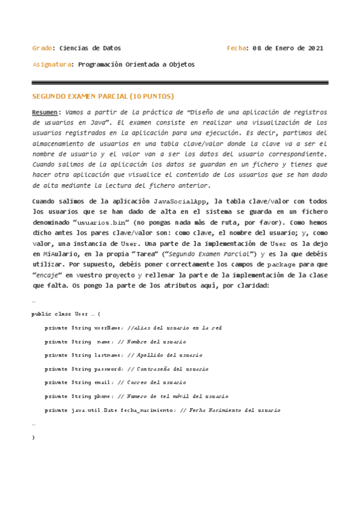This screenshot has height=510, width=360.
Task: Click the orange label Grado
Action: point(41,48)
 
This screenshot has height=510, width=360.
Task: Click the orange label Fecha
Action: point(237,48)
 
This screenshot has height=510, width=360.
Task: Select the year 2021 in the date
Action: point(315,48)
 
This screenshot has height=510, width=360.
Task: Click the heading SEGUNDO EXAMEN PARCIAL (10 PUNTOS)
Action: point(102,96)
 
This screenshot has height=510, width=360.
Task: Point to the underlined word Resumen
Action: point(46,112)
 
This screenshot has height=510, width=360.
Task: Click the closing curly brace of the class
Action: point(33,437)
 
